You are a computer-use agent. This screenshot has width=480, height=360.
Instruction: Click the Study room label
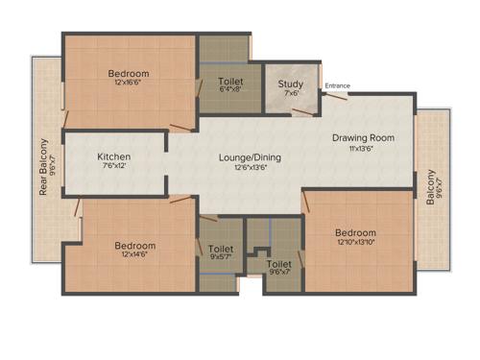[x=291, y=84]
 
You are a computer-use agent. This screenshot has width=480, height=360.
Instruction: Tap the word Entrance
[x=337, y=86]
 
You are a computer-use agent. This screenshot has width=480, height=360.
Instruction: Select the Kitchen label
[x=113, y=156]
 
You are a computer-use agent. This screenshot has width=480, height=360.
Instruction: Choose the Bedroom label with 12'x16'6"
[x=128, y=74]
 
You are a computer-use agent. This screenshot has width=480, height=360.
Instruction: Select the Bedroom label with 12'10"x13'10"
[x=355, y=233]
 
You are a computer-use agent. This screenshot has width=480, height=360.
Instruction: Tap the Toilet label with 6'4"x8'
[x=230, y=83]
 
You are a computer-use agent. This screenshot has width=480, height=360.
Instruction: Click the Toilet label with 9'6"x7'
[x=278, y=263]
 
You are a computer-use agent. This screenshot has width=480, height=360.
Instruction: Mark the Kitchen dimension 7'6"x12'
[x=113, y=166]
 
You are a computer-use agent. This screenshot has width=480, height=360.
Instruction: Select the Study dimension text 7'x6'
[x=291, y=93]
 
